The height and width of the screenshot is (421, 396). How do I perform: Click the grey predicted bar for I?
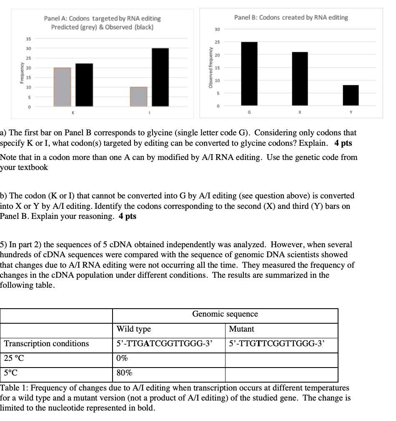pos(138,96)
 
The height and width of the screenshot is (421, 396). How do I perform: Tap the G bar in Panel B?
pos(249,74)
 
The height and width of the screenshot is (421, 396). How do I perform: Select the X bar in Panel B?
pos(300,79)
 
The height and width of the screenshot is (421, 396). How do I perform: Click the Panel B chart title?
pos(291,18)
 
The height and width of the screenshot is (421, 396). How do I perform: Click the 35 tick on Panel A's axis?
pos(29,39)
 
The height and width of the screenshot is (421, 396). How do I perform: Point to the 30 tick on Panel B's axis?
pos(217,29)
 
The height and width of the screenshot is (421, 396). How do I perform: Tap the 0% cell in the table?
pos(123,359)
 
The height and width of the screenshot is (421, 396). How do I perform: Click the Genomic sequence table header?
pos(225,314)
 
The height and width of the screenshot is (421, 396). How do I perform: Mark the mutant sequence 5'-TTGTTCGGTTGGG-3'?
pos(277,344)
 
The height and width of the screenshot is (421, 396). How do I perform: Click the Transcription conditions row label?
pos(47,344)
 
